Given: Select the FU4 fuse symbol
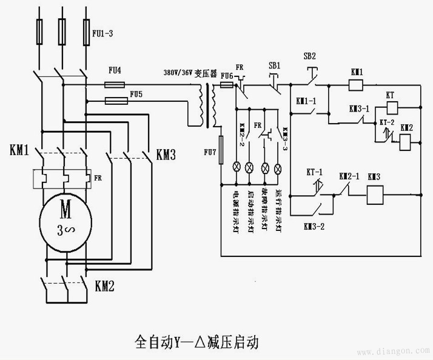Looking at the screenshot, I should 115,81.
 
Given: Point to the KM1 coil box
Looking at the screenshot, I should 357,85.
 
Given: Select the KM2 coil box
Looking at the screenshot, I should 406,141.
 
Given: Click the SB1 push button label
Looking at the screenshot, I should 275,65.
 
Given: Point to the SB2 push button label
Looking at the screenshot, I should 310,55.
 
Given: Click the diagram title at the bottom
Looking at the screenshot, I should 195,341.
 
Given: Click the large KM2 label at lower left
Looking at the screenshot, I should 105,284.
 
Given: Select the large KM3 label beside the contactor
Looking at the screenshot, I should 166,155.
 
